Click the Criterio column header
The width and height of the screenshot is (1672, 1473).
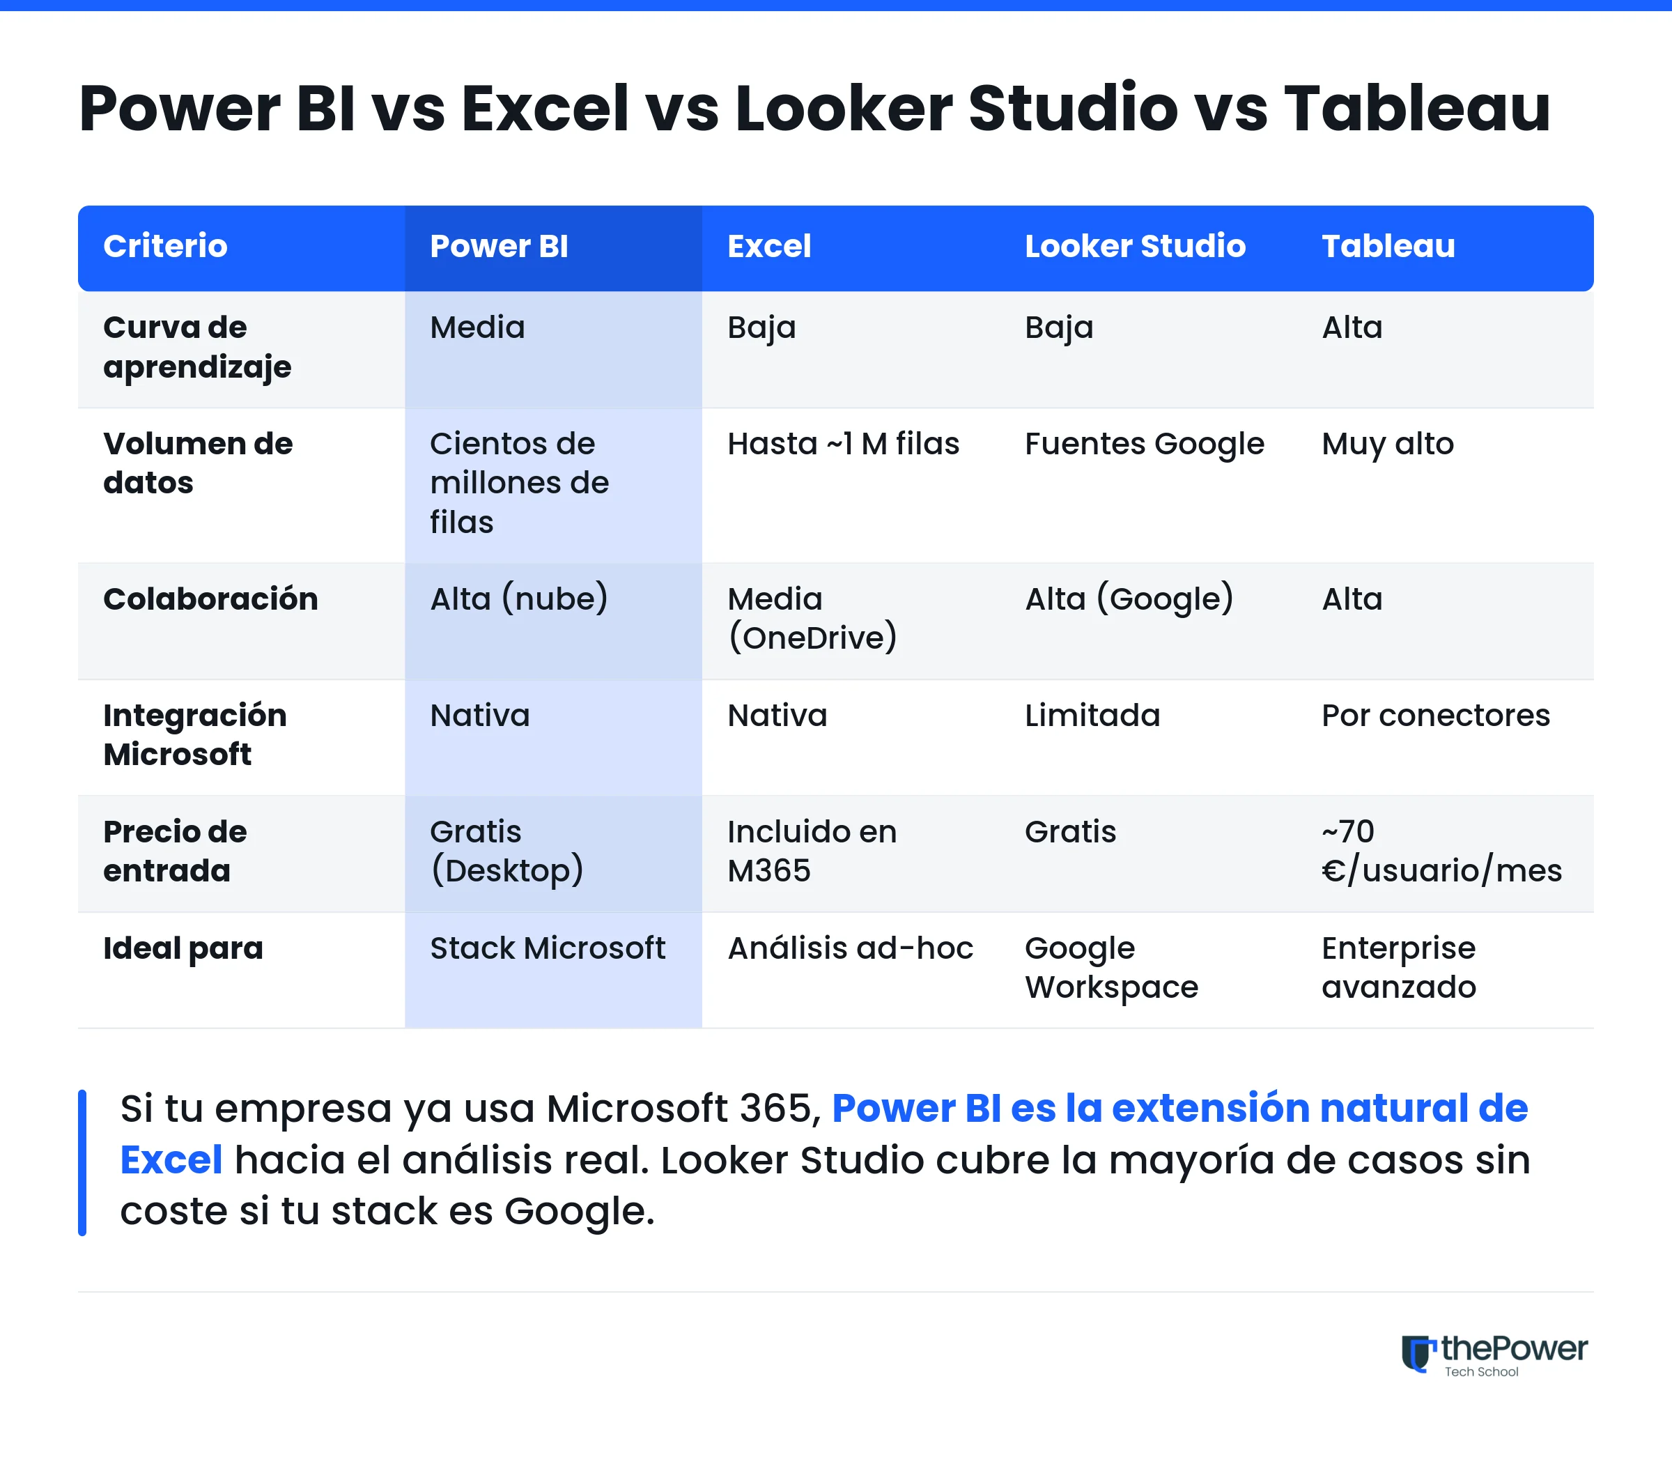pyautogui.click(x=165, y=247)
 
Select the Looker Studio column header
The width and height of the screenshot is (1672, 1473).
pyautogui.click(x=1135, y=247)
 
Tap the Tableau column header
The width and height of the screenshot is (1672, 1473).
pyautogui.click(x=1388, y=247)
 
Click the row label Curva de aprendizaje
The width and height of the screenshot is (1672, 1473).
pyautogui.click(x=197, y=348)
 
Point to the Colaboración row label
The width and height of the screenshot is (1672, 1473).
pyautogui.click(x=210, y=599)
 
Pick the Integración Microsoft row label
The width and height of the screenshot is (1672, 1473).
pyautogui.click(x=194, y=735)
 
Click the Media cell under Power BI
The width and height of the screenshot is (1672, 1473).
pyautogui.click(x=478, y=327)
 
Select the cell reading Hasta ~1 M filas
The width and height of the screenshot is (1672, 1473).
pyautogui.click(x=844, y=444)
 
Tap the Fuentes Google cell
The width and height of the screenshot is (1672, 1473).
pyautogui.click(x=1145, y=445)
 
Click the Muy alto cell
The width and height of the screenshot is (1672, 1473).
pyautogui.click(x=1387, y=445)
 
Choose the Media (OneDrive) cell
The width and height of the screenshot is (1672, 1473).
pyautogui.click(x=812, y=619)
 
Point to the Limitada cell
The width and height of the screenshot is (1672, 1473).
pyautogui.click(x=1092, y=715)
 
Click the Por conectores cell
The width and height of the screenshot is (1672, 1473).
pyautogui.click(x=1436, y=715)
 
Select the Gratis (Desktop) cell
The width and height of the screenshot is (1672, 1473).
pyautogui.click(x=507, y=851)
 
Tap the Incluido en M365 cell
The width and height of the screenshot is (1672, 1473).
pyautogui.click(x=812, y=851)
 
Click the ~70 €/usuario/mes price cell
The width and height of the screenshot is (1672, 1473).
pyautogui.click(x=1441, y=851)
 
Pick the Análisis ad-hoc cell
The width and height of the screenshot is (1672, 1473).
pyautogui.click(x=851, y=948)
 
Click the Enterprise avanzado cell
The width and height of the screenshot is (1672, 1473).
pyautogui.click(x=1399, y=967)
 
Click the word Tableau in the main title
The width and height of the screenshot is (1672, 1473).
pyautogui.click(x=1417, y=108)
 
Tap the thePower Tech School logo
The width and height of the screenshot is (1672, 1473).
pyautogui.click(x=1494, y=1355)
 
